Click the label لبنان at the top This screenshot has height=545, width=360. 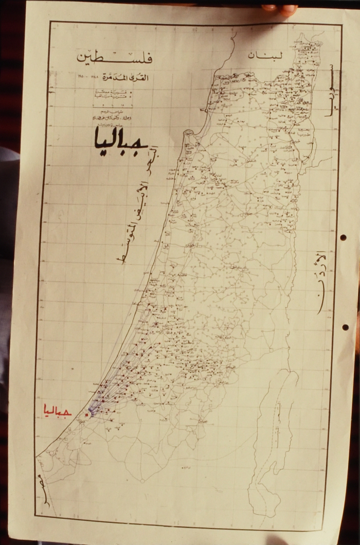262,56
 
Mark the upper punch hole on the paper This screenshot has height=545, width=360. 343,238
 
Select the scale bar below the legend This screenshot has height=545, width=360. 111,105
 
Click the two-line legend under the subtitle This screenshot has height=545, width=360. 111,94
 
